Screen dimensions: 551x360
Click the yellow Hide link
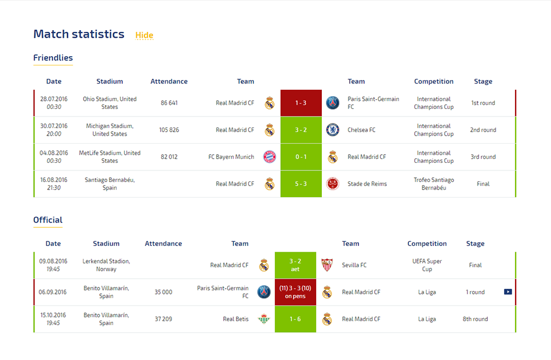click(x=144, y=35)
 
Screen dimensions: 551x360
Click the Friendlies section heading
click(x=53, y=57)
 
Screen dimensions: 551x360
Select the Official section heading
click(x=48, y=220)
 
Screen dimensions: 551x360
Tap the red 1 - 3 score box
click(x=301, y=103)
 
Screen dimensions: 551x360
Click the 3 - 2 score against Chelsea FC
click(x=301, y=130)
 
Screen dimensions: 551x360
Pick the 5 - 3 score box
click(x=301, y=184)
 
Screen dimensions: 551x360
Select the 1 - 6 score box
click(x=295, y=319)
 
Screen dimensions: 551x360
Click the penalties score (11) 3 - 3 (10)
click(x=295, y=292)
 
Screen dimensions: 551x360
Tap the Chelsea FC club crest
click(x=332, y=130)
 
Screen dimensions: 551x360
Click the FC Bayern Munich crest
click(x=270, y=157)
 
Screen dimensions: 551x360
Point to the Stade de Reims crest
click(x=332, y=184)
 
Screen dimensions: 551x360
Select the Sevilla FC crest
click(x=327, y=265)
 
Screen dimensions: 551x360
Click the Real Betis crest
click(x=264, y=319)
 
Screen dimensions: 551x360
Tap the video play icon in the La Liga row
click(x=507, y=292)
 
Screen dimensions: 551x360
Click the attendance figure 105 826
click(x=169, y=130)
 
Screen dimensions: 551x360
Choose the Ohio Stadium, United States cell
click(x=110, y=103)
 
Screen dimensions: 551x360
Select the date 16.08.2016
click(x=54, y=180)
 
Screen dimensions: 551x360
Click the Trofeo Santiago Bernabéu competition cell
click(x=434, y=184)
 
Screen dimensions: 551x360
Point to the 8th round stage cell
click(x=475, y=319)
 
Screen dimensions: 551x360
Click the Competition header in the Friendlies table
click(x=434, y=82)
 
